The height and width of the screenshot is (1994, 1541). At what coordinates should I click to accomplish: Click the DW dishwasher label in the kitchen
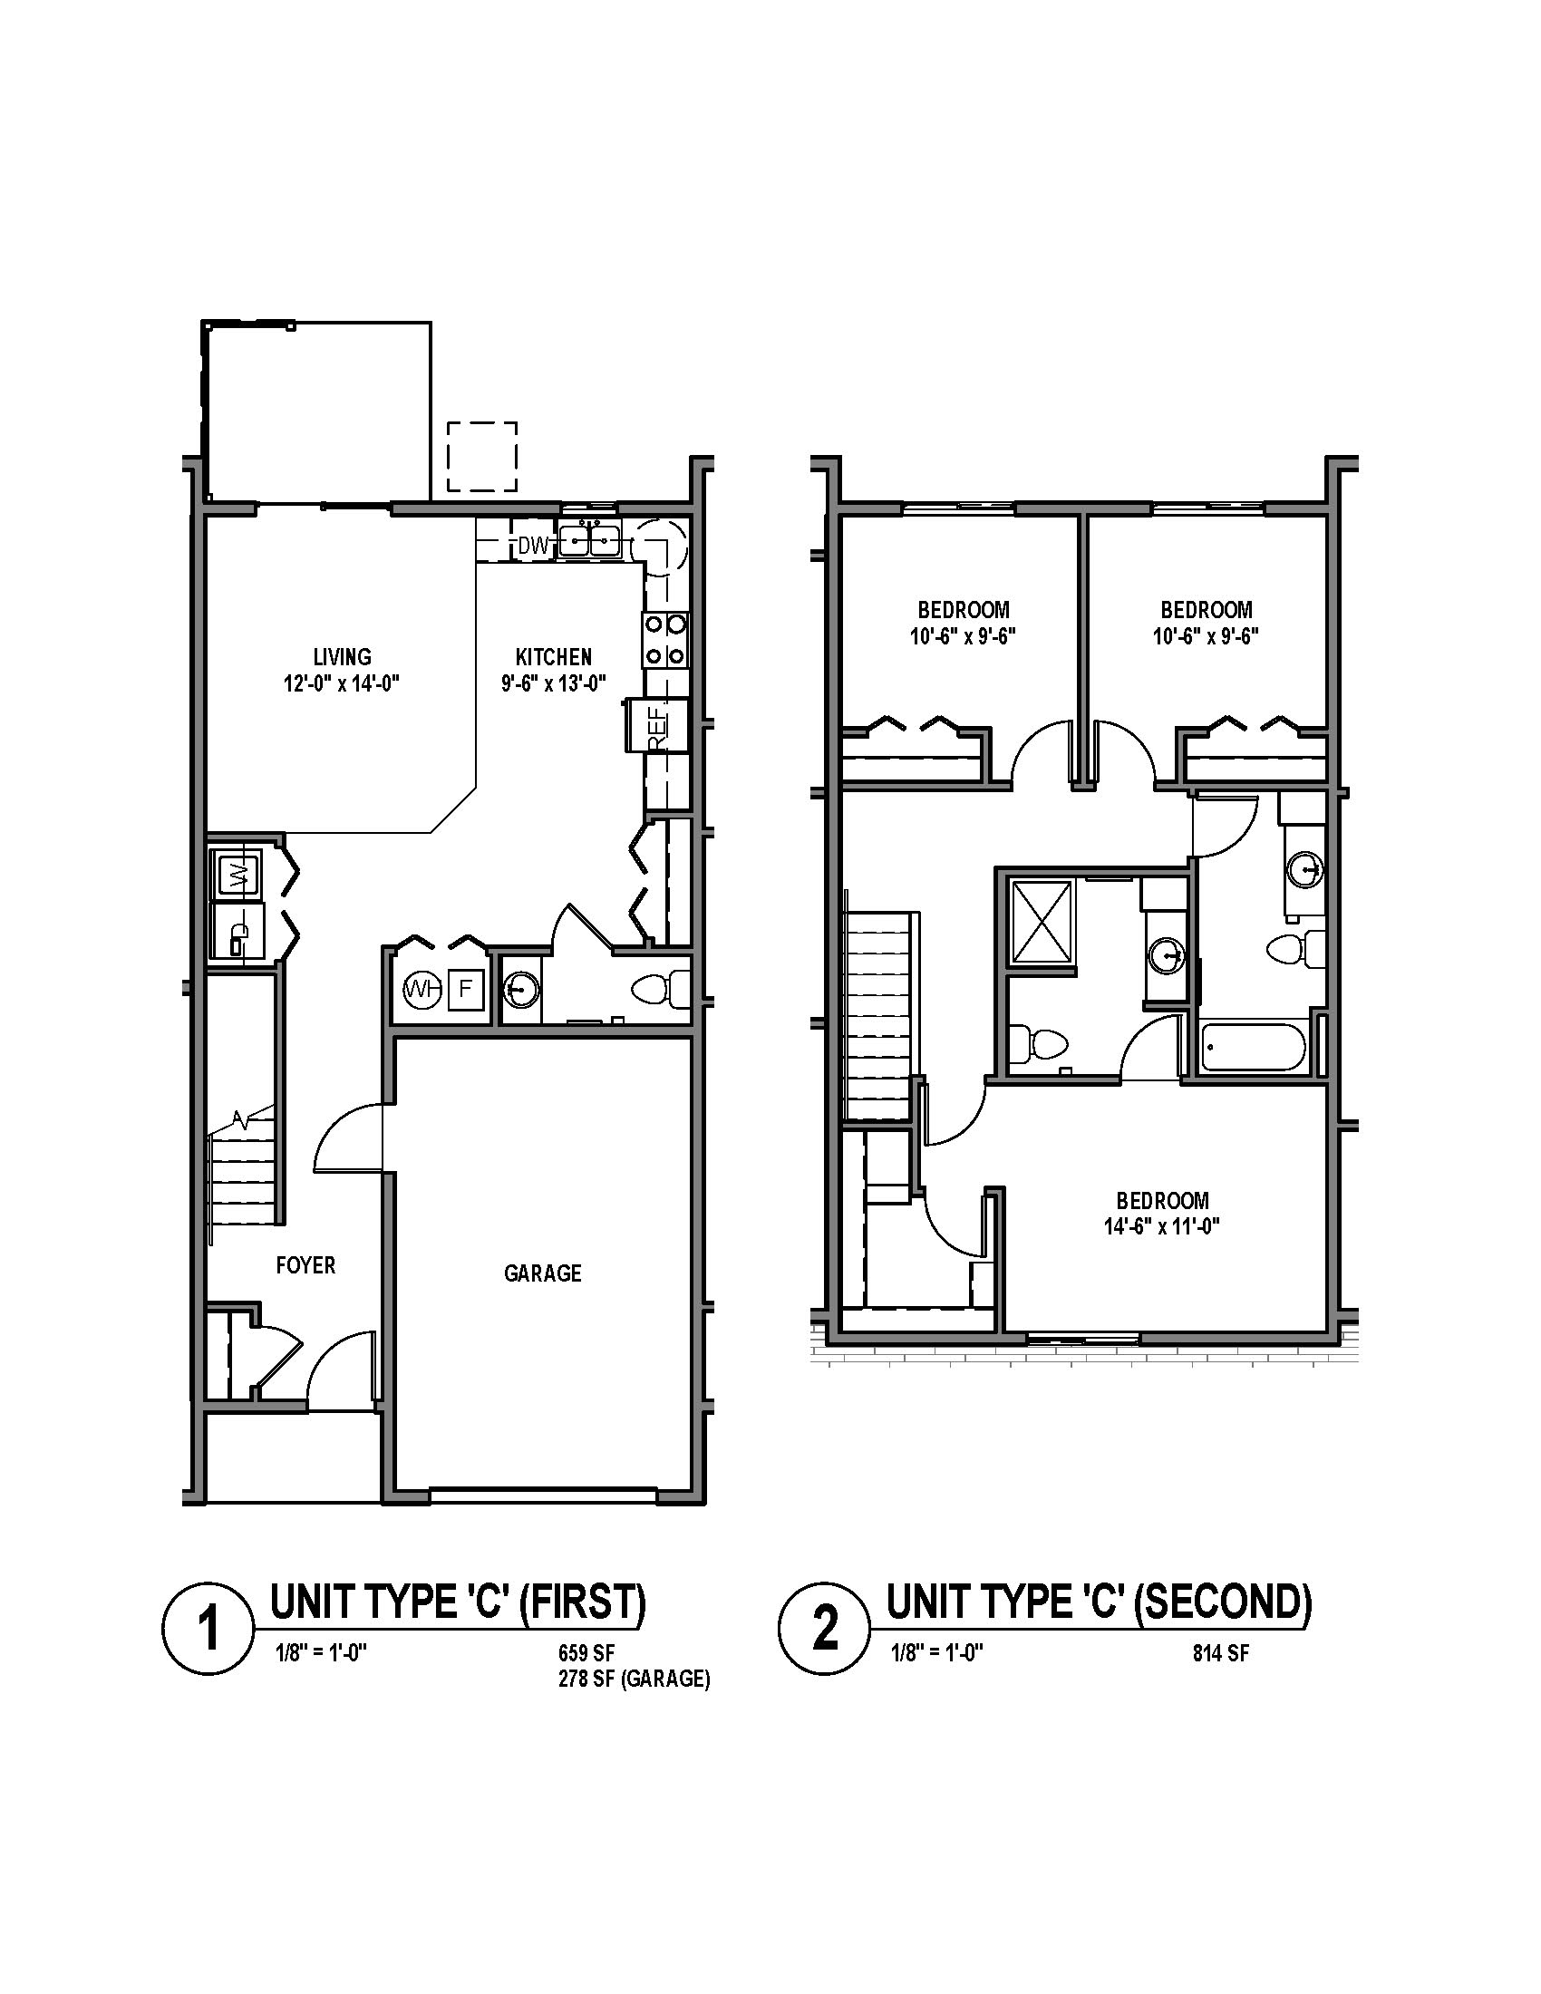click(x=533, y=546)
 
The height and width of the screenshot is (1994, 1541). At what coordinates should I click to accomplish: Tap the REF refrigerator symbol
click(x=657, y=726)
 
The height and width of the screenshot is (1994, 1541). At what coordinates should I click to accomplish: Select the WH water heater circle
click(x=421, y=988)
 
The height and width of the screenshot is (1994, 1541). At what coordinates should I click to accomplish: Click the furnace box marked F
click(x=465, y=988)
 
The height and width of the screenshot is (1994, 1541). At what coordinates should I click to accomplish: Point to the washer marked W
click(x=238, y=875)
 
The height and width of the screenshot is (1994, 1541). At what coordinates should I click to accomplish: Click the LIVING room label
click(x=343, y=656)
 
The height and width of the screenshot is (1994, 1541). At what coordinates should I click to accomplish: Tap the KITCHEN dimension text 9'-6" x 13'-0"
click(x=554, y=682)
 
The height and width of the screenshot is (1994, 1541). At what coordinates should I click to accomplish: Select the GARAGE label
click(x=542, y=1273)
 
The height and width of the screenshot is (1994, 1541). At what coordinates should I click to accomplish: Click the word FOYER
click(x=305, y=1265)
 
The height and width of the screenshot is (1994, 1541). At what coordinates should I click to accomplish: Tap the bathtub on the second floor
click(x=1251, y=1047)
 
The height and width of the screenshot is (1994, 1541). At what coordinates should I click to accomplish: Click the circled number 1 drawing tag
click(x=208, y=1630)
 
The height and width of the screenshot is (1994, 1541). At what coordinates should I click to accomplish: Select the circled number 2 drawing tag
click(x=822, y=1630)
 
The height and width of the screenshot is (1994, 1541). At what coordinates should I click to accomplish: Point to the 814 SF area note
click(x=1221, y=1652)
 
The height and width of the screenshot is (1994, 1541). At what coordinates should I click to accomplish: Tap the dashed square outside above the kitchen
click(x=482, y=457)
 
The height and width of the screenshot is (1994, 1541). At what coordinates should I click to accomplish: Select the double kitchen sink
click(x=590, y=541)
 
